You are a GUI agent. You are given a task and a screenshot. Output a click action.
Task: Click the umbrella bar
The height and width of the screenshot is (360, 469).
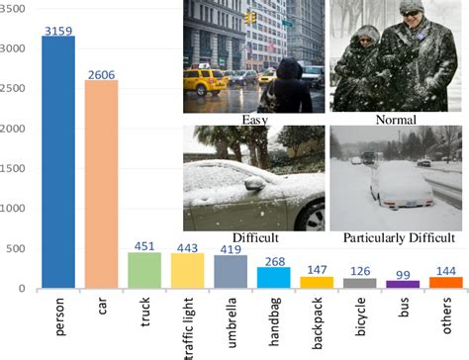(x=230, y=271)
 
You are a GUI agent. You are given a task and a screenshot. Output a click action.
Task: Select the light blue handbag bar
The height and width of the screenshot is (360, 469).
(x=273, y=277)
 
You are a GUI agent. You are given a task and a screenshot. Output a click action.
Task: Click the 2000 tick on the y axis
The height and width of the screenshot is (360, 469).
(x=14, y=129)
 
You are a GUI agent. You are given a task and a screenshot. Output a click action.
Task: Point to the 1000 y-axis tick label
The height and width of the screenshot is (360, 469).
(x=14, y=209)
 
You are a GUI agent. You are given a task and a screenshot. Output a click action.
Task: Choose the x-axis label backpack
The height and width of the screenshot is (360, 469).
(x=317, y=318)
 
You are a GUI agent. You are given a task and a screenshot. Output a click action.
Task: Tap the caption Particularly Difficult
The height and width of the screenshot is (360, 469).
(x=398, y=238)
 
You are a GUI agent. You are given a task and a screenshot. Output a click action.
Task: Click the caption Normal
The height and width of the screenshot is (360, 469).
(x=395, y=121)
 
